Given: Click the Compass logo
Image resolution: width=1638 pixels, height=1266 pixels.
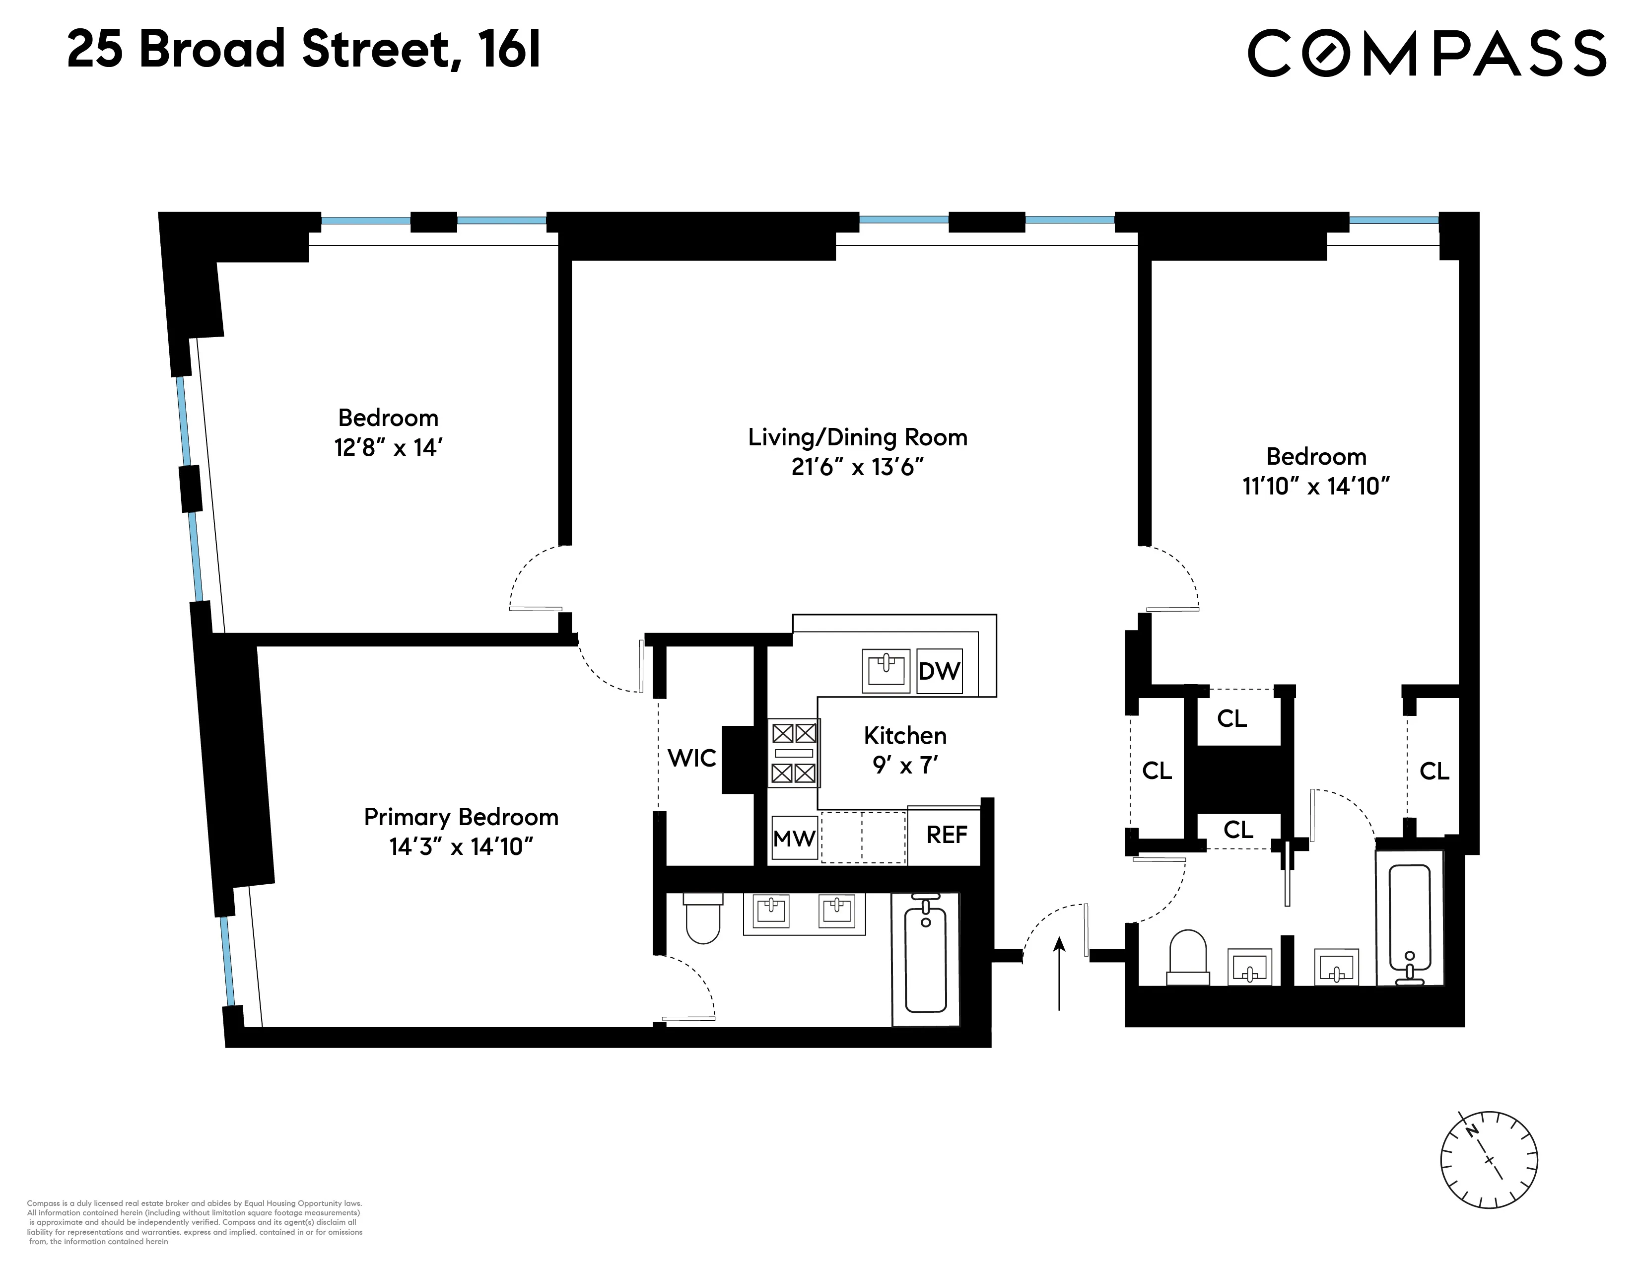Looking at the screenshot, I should click(1427, 53).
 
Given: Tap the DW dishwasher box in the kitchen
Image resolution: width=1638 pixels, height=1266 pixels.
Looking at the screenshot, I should click(939, 671).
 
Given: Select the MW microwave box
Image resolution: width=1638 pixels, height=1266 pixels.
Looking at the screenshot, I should click(794, 838).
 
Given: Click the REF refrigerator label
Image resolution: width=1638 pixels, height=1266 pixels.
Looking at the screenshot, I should click(947, 835).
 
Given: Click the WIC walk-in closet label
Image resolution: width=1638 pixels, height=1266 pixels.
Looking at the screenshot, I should click(691, 758).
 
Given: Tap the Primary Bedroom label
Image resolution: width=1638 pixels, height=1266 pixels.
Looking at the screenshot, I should click(461, 817).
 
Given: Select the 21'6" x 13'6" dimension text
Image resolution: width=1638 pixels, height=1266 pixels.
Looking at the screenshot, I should click(857, 467).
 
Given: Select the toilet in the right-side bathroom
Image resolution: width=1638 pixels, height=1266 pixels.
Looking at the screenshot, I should click(1187, 957).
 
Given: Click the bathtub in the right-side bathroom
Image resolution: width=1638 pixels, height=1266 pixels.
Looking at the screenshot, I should click(1409, 922).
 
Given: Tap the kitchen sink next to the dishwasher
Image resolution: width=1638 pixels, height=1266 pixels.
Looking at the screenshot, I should click(886, 670).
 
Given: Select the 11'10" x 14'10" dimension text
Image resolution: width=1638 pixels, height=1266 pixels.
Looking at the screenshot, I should click(1315, 487).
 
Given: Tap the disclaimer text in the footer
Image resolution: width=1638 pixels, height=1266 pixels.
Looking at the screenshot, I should click(195, 1222).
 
